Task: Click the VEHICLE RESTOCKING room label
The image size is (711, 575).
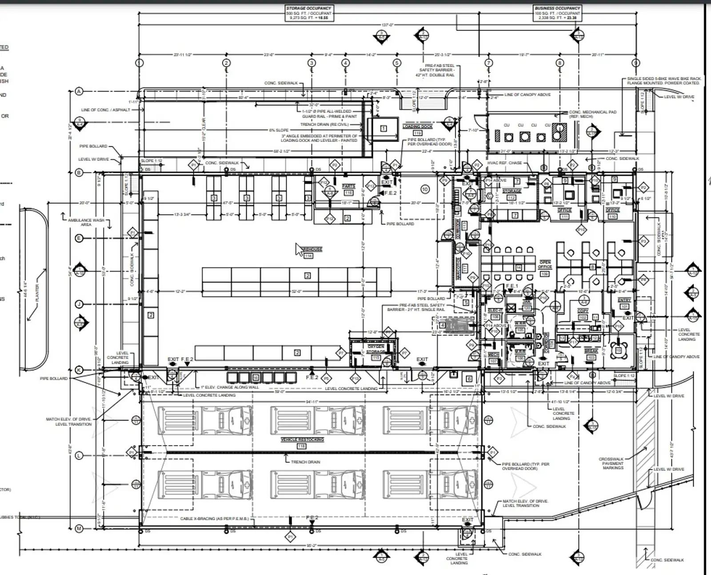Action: point(302,439)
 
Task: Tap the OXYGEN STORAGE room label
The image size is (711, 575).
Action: point(375,349)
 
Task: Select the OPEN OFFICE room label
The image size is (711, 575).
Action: point(545,265)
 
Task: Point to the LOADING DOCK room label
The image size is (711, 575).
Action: point(417,127)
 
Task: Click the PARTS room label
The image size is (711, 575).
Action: point(348,186)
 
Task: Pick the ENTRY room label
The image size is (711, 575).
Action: point(624,301)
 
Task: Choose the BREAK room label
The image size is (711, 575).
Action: point(591,351)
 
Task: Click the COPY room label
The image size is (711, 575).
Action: point(583,311)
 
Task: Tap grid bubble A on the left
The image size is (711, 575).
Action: point(79,92)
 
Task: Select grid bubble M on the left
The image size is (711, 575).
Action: point(79,528)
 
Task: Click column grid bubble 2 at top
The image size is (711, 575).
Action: point(226,63)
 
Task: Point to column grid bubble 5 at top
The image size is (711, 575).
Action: point(397,63)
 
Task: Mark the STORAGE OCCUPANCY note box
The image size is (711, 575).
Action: point(308,13)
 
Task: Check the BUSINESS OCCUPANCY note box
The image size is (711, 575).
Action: point(557,13)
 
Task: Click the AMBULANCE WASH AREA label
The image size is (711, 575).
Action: point(86,222)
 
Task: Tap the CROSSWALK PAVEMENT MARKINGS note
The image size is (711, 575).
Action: point(613,463)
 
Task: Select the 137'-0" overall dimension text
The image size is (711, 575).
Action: point(387,25)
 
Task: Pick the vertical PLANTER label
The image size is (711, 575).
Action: point(37,294)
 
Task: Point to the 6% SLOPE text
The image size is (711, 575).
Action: point(279,130)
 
